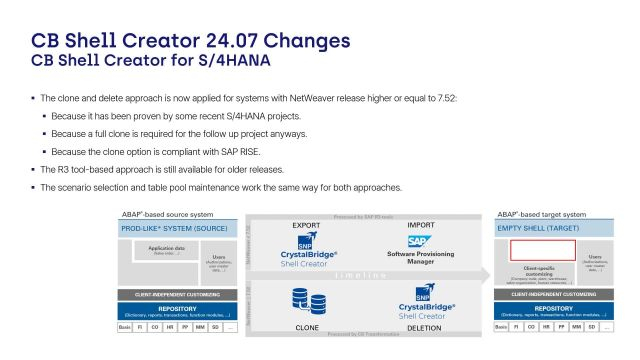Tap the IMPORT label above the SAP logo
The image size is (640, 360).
tap(421, 224)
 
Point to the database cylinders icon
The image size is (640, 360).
tap(301, 300)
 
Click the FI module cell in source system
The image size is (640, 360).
tap(142, 328)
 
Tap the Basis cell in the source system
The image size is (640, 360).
tap(124, 328)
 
